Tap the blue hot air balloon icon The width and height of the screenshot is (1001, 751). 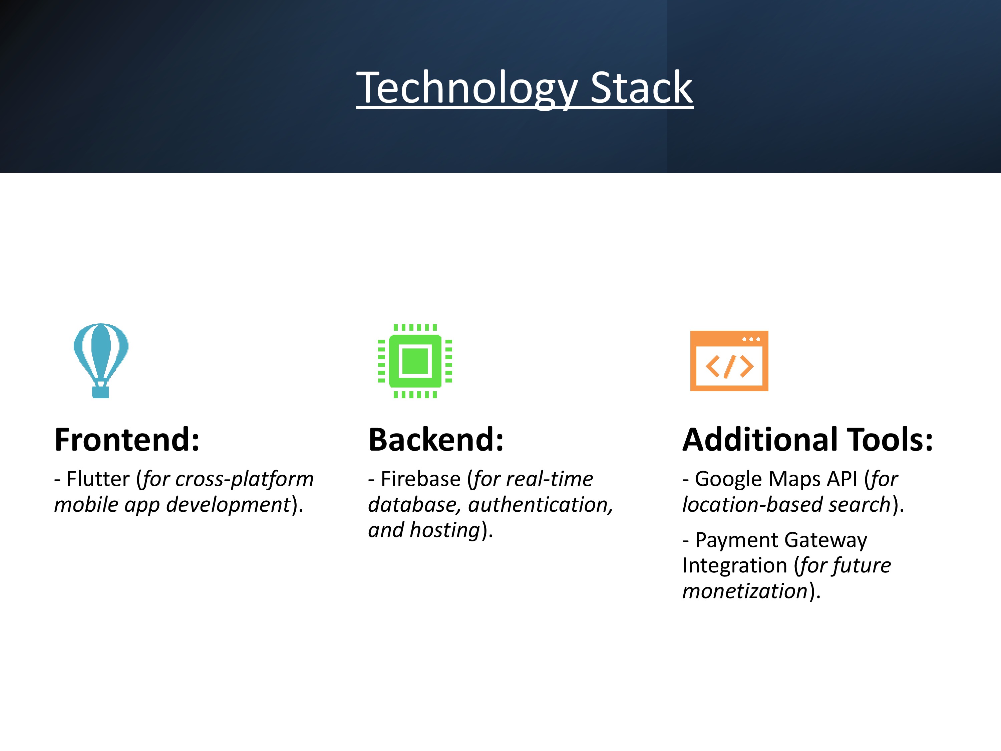tap(101, 360)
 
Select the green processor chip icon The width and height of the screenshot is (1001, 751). tap(415, 361)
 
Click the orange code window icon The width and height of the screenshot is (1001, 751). tap(729, 361)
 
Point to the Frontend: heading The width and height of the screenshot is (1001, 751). tap(127, 440)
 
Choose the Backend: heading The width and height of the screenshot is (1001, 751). tap(436, 440)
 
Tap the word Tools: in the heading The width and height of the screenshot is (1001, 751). tap(890, 440)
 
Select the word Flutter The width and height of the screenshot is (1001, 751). tap(98, 479)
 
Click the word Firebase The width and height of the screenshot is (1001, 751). tap(420, 479)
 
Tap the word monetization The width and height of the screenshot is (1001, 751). tap(745, 591)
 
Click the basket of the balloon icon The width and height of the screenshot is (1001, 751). tap(100, 391)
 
